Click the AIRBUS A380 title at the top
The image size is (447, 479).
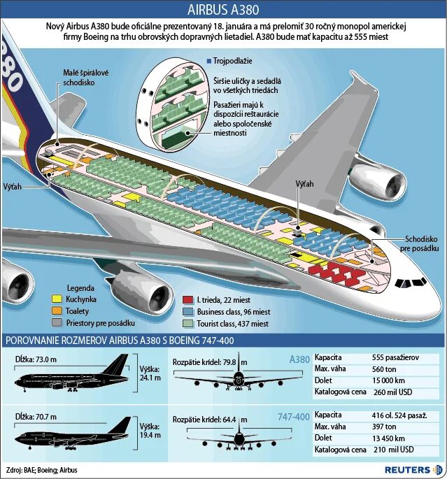223,10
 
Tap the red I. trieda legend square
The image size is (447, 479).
187,299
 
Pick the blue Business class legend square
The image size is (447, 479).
187,311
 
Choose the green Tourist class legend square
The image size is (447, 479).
187,324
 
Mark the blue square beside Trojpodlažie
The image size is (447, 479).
209,62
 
